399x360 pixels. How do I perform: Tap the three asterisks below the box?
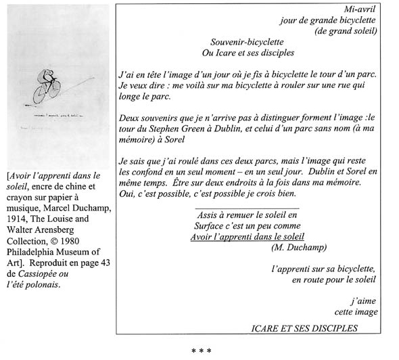pos(201,351)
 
